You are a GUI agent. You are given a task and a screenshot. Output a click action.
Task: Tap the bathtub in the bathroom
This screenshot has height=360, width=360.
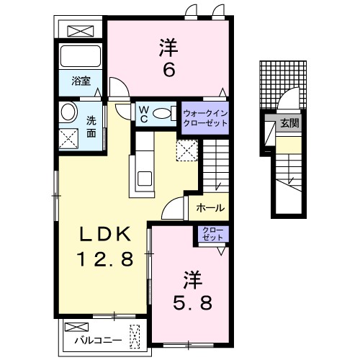click(x=81, y=56)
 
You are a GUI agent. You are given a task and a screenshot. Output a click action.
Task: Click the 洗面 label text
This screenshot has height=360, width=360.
click(x=91, y=127)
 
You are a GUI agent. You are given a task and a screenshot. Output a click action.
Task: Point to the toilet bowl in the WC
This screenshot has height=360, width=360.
click(x=163, y=113)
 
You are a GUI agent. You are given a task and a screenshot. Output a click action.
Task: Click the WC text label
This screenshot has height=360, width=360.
click(x=144, y=113)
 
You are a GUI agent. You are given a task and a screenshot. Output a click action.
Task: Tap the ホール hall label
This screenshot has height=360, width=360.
click(x=210, y=208)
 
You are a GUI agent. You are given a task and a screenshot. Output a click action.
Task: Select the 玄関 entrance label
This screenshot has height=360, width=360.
click(x=291, y=123)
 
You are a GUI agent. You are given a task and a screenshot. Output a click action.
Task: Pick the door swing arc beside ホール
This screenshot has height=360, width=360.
click(x=173, y=209)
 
